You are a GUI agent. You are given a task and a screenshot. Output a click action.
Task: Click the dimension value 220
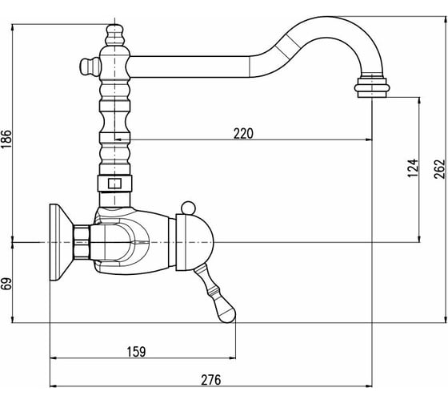tap(243, 133)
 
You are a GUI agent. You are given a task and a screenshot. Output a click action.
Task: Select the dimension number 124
tap(413, 168)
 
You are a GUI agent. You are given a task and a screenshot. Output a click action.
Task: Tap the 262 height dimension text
tap(439, 169)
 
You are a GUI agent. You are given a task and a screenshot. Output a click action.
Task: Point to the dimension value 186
tap(6, 139)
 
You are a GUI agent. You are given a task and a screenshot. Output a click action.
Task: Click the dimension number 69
tap(6, 284)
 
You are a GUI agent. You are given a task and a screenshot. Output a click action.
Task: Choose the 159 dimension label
tap(136, 352)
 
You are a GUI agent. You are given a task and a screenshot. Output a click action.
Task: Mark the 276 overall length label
tap(211, 380)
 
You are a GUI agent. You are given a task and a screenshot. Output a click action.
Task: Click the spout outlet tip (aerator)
tap(372, 87)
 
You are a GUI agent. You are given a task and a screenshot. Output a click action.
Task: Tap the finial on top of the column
tap(114, 35)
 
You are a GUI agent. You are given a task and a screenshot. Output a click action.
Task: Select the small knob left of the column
tap(90, 67)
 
